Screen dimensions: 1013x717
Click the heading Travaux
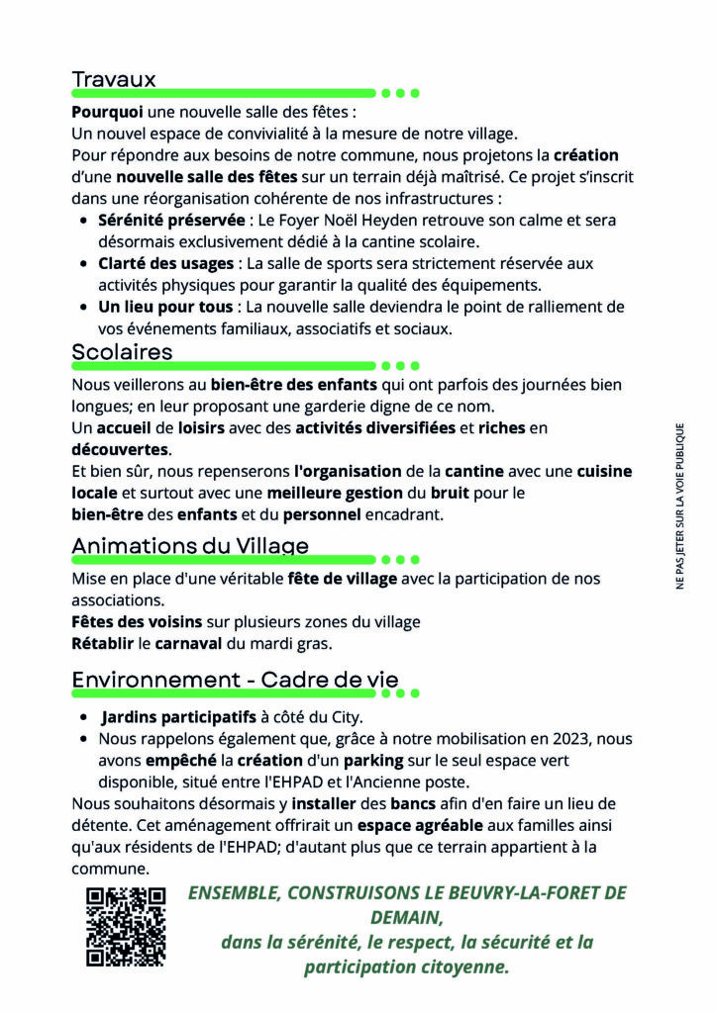(114, 78)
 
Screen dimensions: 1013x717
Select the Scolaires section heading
(122, 351)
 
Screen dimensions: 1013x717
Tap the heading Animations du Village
(189, 545)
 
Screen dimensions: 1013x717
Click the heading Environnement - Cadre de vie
(235, 680)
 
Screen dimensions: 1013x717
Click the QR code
(126, 926)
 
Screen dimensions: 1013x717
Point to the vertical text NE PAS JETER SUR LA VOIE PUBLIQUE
(680, 506)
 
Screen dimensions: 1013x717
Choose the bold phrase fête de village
(342, 579)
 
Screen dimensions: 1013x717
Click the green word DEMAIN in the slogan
(407, 917)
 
